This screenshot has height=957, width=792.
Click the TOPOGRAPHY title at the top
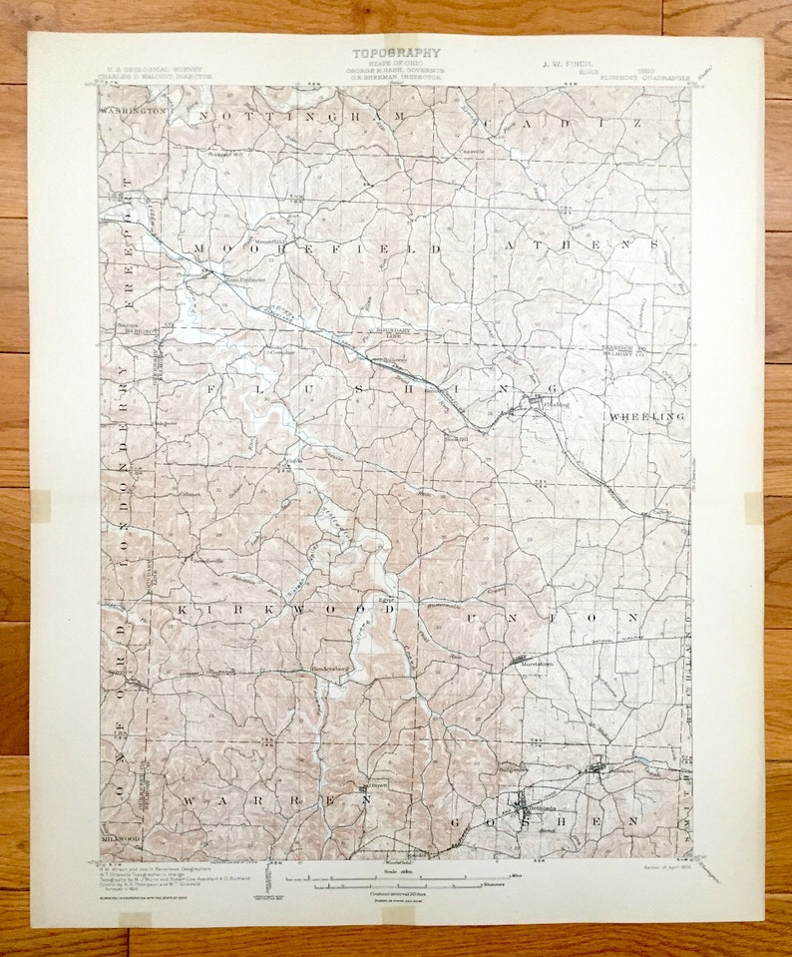pos(395,53)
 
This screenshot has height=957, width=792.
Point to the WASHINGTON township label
pos(133,111)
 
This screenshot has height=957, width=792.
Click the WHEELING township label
pos(646,415)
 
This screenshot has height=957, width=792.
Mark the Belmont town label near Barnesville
pos(621,771)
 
